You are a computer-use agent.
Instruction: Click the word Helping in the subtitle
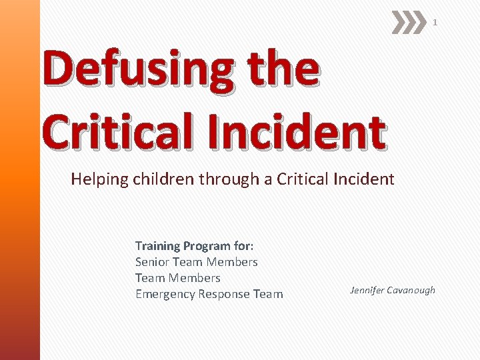click(97, 179)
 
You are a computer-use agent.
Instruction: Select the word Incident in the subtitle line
click(363, 179)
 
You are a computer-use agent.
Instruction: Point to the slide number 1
click(435, 23)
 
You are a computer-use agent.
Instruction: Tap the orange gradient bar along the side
click(20, 180)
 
